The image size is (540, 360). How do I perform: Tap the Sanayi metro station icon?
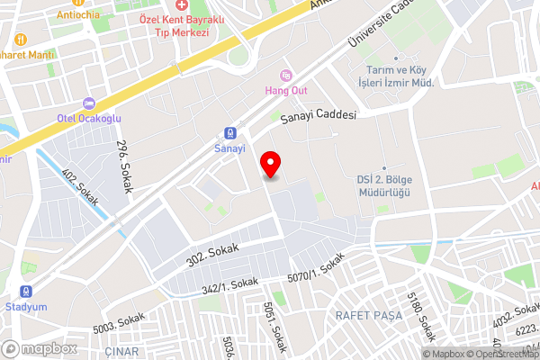(x=230, y=132)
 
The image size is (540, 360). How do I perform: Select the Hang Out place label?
(x=285, y=91)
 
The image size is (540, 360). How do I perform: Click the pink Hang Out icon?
(x=286, y=75)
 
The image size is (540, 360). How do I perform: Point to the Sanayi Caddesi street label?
(x=319, y=116)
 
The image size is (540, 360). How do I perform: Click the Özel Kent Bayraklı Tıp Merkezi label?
(x=175, y=25)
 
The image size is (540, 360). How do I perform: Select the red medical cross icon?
(x=183, y=5)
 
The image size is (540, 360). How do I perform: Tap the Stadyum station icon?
(x=27, y=292)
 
